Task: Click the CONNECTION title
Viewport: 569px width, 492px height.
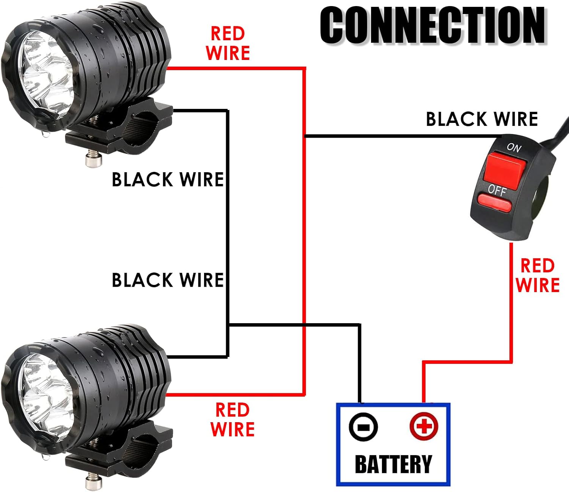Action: (x=432, y=26)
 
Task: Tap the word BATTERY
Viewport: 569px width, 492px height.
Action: (x=393, y=464)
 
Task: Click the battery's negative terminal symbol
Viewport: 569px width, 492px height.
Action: (x=363, y=427)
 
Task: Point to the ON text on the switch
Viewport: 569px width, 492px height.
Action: (x=514, y=147)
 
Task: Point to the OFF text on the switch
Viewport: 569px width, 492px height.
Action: (x=497, y=189)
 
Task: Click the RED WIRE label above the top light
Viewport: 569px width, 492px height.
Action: (x=228, y=43)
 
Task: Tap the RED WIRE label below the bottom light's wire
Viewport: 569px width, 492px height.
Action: (x=232, y=420)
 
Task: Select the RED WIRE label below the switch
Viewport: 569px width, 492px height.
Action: (x=538, y=275)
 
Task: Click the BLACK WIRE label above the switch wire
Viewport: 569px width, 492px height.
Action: (x=482, y=119)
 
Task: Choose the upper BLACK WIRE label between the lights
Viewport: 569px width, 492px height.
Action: (x=168, y=179)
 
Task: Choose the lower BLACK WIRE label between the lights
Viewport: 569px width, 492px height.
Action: (x=168, y=280)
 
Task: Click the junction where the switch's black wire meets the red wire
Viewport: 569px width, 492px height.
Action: (x=305, y=136)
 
